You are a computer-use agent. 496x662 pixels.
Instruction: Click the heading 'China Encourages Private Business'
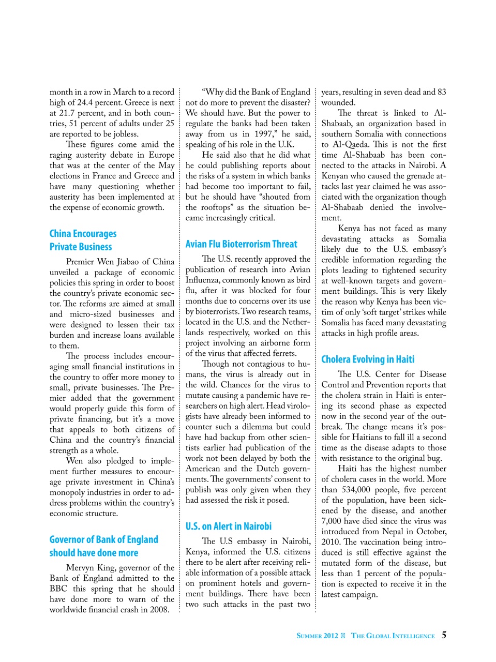(x=83, y=240)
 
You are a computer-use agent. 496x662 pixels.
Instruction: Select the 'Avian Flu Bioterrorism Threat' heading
(x=241, y=244)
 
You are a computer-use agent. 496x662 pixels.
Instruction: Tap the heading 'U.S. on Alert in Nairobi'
(x=228, y=526)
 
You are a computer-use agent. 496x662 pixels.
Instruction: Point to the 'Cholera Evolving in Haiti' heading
(x=367, y=359)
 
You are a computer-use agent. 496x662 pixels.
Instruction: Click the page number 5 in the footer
(x=444, y=635)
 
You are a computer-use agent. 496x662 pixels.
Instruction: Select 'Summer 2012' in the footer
(x=317, y=636)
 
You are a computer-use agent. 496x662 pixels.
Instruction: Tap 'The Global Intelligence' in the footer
(x=393, y=636)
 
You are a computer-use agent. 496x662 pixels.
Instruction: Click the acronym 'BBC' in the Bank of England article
(x=58, y=589)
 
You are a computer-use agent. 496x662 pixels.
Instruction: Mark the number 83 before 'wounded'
(x=441, y=92)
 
